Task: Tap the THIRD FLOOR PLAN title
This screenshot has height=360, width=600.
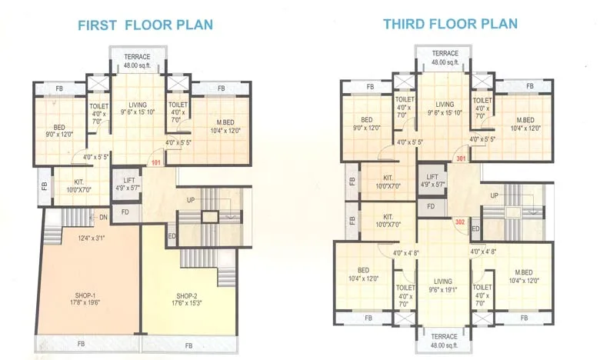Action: pyautogui.click(x=451, y=24)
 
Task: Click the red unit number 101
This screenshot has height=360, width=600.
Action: pyautogui.click(x=156, y=163)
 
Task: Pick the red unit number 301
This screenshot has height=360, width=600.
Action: pyautogui.click(x=461, y=159)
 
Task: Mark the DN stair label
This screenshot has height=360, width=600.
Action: pyautogui.click(x=102, y=218)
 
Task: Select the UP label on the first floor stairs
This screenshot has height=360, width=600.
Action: pyautogui.click(x=190, y=199)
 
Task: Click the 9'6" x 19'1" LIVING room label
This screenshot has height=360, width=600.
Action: pyautogui.click(x=443, y=286)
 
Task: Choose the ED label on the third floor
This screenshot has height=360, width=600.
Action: pyautogui.click(x=476, y=229)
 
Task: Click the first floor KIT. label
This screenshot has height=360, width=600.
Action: pyautogui.click(x=78, y=186)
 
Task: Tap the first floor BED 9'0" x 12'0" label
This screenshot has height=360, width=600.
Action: pyautogui.click(x=58, y=131)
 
